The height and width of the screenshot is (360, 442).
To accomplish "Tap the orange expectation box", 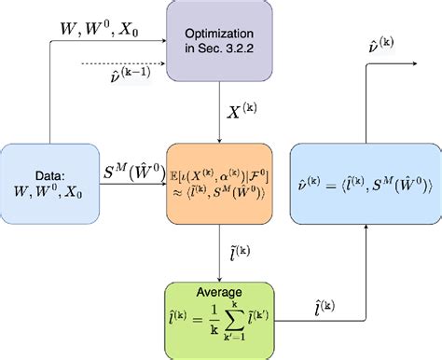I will (222, 185).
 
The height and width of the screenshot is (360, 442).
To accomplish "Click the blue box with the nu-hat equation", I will (365, 185).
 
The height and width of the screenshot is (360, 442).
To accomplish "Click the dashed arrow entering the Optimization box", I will (131, 64).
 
